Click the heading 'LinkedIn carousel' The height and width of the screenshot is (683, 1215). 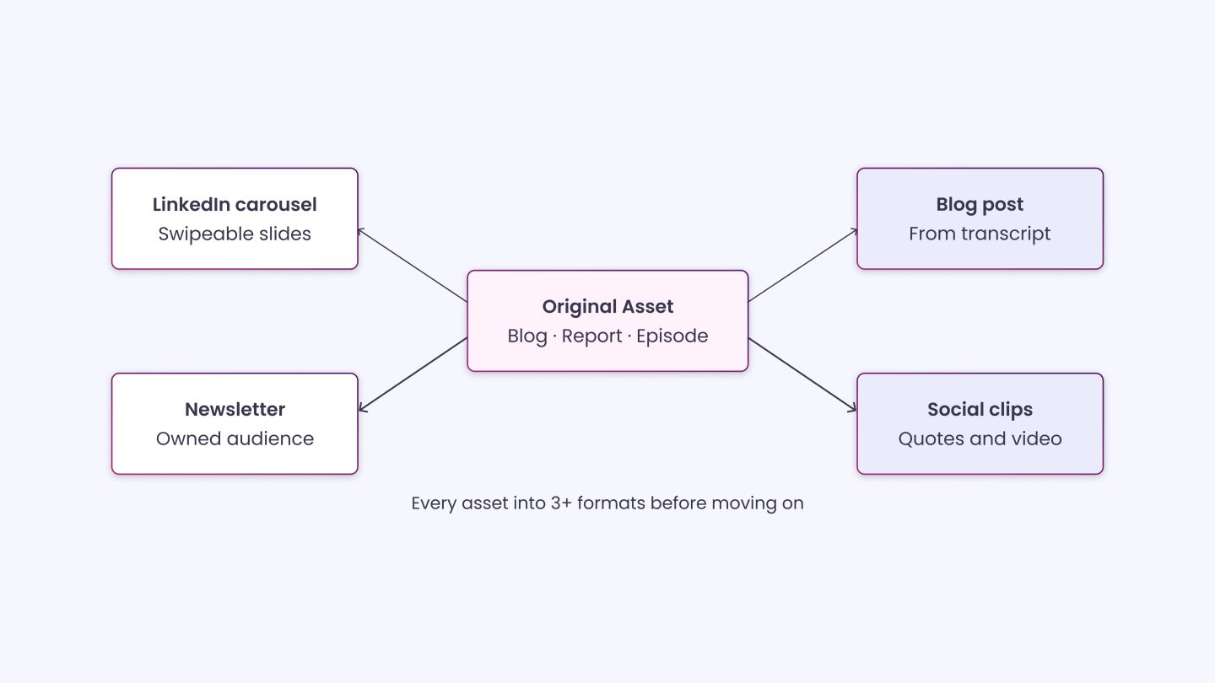[235, 204]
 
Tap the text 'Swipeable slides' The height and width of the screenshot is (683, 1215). [235, 234]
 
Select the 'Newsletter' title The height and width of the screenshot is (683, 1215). [235, 409]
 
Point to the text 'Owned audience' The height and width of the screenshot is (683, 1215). [235, 438]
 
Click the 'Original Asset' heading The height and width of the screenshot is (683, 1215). [607, 307]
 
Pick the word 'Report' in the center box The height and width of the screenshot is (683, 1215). [591, 336]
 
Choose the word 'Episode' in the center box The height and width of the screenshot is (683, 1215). [672, 336]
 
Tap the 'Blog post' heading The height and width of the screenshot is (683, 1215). [980, 205]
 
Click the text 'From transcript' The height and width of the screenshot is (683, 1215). [980, 234]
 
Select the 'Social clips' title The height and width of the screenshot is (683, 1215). [980, 410]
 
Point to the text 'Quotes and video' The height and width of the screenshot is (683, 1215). [980, 438]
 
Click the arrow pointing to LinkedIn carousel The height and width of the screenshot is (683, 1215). [413, 265]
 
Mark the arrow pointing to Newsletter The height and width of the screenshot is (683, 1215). [413, 375]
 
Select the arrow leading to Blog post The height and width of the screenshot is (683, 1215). [802, 265]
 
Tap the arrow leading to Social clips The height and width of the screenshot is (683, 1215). [802, 375]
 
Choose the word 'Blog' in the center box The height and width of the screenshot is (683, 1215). [527, 336]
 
